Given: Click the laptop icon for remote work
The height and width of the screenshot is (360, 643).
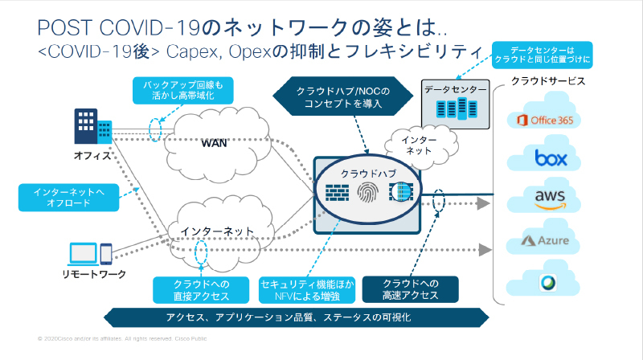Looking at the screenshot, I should (83, 255).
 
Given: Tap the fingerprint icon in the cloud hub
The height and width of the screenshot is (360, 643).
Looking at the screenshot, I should (366, 194).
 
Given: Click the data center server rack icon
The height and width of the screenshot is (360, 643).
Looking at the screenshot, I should (456, 111).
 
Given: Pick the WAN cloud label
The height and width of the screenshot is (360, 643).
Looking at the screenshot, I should (213, 144).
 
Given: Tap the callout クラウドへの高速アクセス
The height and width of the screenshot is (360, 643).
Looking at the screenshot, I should (410, 290).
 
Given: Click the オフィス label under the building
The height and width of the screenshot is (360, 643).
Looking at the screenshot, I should (92, 155).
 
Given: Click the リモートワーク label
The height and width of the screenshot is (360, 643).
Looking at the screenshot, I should (94, 276).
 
